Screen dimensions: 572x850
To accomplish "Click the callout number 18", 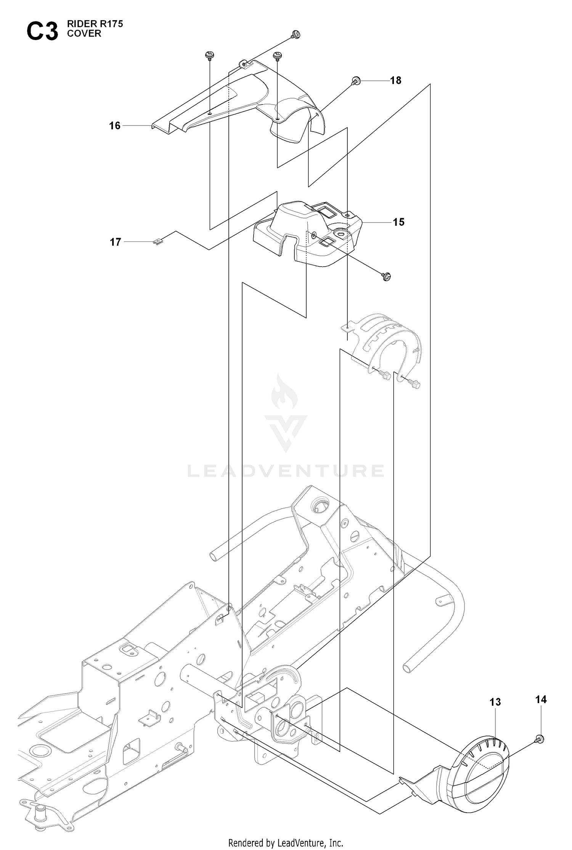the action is pyautogui.click(x=395, y=80).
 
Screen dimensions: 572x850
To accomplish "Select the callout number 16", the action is pyautogui.click(x=115, y=126).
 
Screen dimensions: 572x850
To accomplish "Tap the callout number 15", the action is pyautogui.click(x=398, y=222).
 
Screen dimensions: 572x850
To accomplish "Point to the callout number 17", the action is pyautogui.click(x=116, y=242).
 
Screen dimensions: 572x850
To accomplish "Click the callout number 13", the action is pyautogui.click(x=495, y=702).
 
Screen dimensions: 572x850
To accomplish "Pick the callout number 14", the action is pyautogui.click(x=541, y=699).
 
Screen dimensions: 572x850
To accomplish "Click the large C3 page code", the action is pyautogui.click(x=42, y=31).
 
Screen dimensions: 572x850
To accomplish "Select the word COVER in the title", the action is pyautogui.click(x=84, y=34).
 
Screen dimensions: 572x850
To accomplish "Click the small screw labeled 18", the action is pyautogui.click(x=357, y=80).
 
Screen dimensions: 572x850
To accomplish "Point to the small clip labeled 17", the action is pyautogui.click(x=158, y=242).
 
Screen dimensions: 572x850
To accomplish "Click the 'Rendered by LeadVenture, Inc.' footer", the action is pyautogui.click(x=286, y=842).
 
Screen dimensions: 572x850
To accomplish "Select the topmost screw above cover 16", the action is pyautogui.click(x=296, y=34).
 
